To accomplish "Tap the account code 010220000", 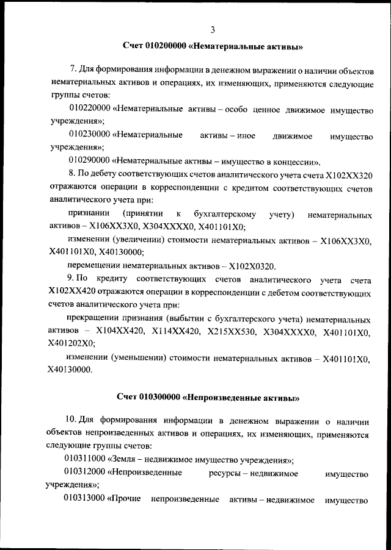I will (x=89, y=110).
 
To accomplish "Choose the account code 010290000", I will (x=89, y=163).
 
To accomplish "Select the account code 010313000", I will (x=85, y=500).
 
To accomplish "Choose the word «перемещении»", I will (x=94, y=266).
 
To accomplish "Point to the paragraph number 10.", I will (x=71, y=421).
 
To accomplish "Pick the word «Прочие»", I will (x=126, y=500).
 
